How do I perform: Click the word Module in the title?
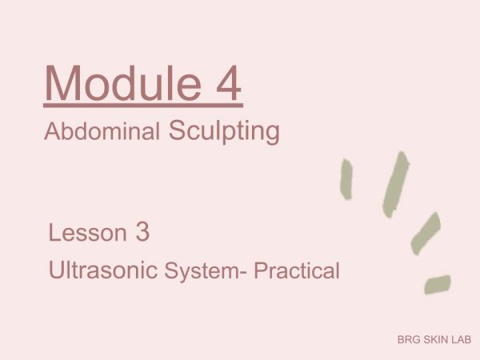pyautogui.click(x=123, y=82)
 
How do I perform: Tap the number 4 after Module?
pyautogui.click(x=229, y=82)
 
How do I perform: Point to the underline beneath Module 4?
pyautogui.click(x=143, y=106)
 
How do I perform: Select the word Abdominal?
pyautogui.click(x=102, y=131)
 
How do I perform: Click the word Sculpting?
pyautogui.click(x=224, y=132)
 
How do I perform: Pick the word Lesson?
pyautogui.click(x=87, y=233)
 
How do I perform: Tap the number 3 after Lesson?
pyautogui.click(x=142, y=232)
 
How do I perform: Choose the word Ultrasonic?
pyautogui.click(x=103, y=270)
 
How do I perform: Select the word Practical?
pyautogui.click(x=297, y=270)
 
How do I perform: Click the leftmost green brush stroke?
pyautogui.click(x=346, y=179)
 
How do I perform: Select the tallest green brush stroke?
pyautogui.click(x=395, y=185)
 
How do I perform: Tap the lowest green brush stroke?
pyautogui.click(x=438, y=284)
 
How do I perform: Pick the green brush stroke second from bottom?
pyautogui.click(x=426, y=234)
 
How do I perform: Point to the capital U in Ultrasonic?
pyautogui.click(x=56, y=270)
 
